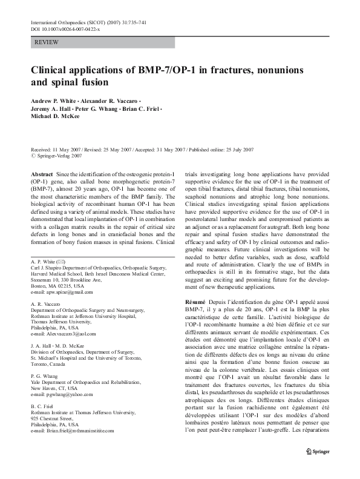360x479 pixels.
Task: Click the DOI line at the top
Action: (x=67, y=29)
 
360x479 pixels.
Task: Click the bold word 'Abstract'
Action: (x=41, y=173)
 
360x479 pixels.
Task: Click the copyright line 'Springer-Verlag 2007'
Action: (x=57, y=156)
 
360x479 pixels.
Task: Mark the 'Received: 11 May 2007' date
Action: (x=57, y=149)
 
